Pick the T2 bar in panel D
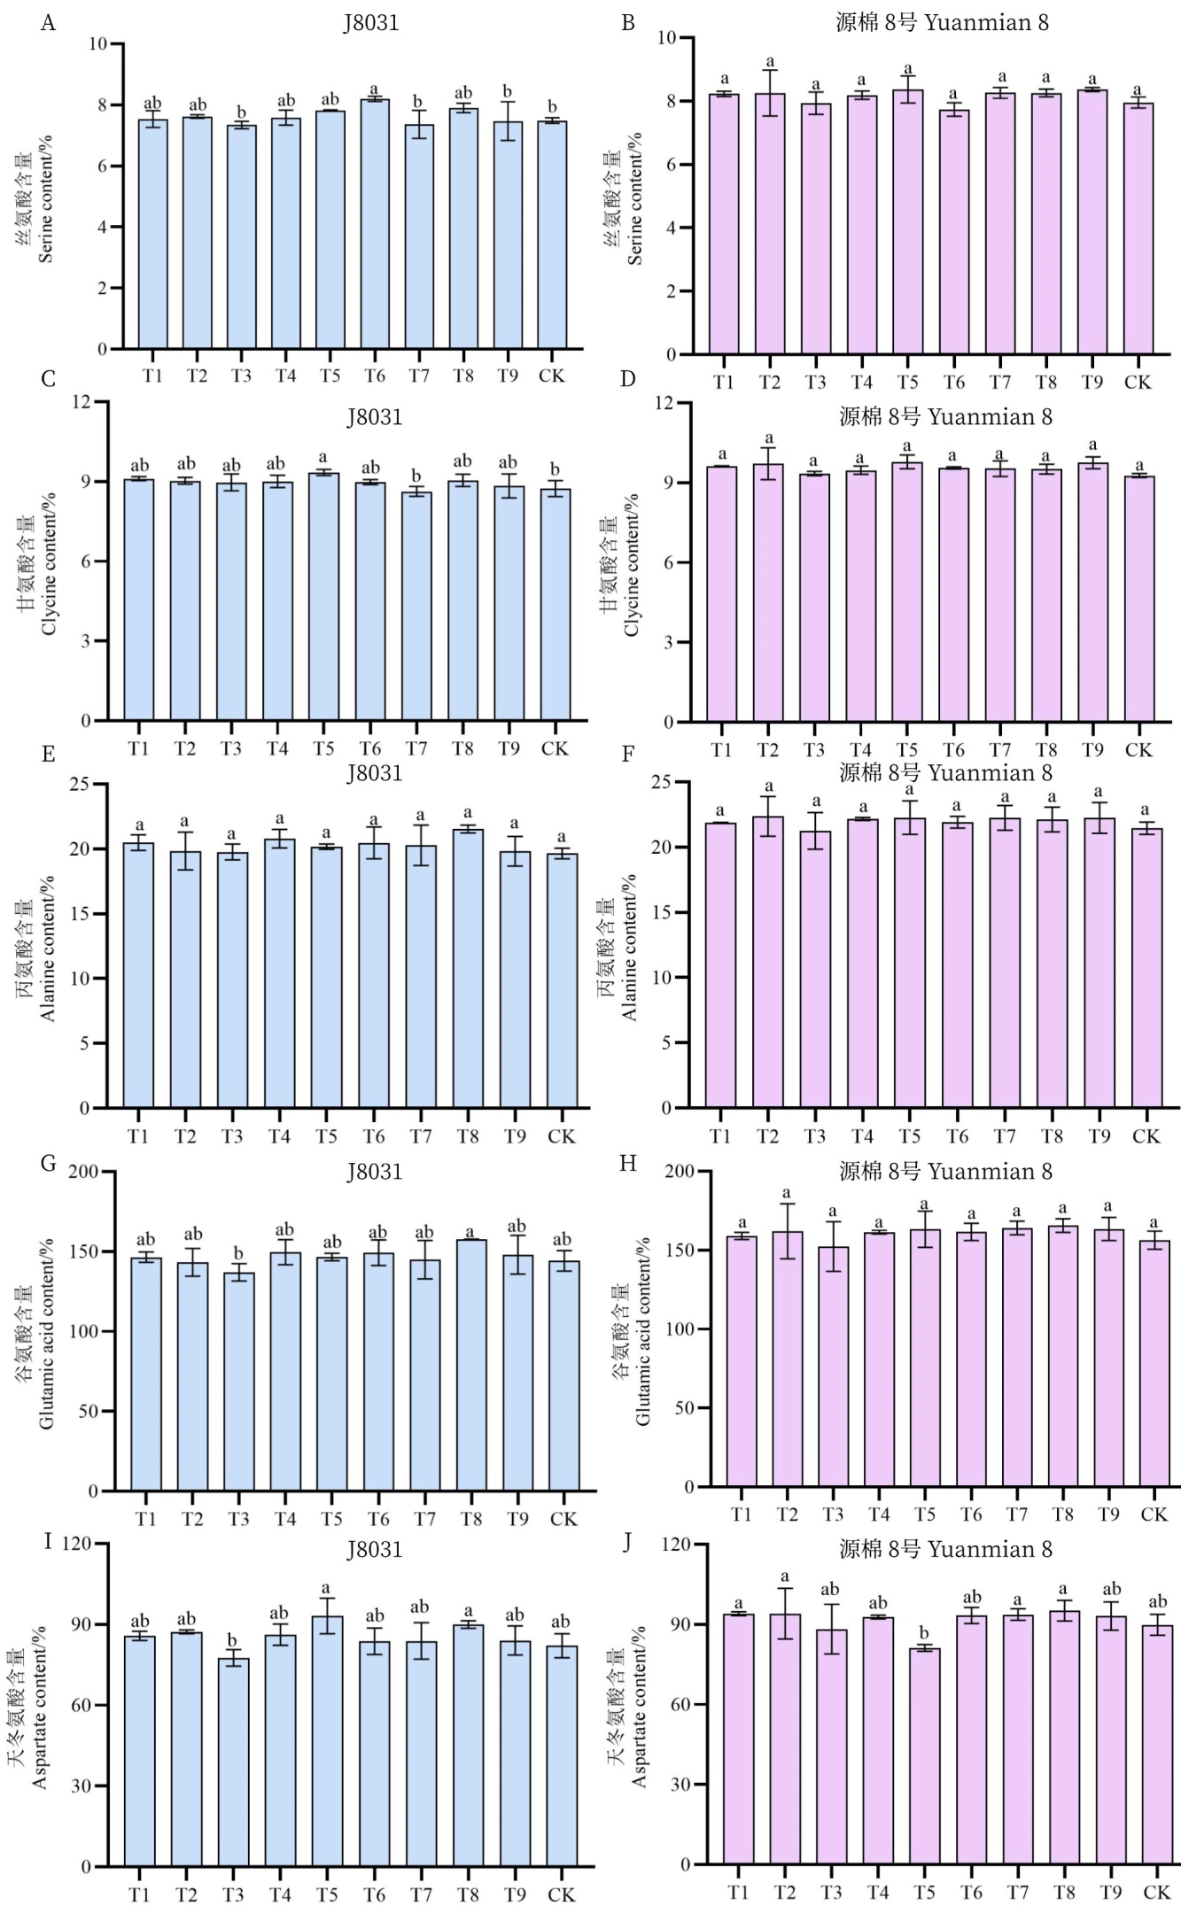(x=768, y=593)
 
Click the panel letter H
(x=628, y=1163)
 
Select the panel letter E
(x=49, y=754)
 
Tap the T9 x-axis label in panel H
(x=1108, y=1514)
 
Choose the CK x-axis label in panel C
(x=554, y=748)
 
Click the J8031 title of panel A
(x=371, y=22)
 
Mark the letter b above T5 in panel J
(x=924, y=1633)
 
